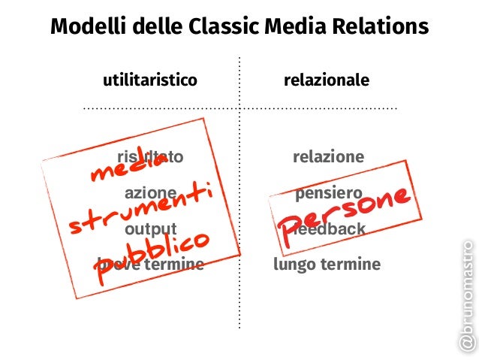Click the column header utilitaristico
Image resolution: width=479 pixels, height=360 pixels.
pyautogui.click(x=149, y=80)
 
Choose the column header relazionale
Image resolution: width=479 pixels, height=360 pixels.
pyautogui.click(x=326, y=80)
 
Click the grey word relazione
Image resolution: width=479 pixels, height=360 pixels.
pyautogui.click(x=328, y=157)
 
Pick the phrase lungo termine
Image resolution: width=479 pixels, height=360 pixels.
pyautogui.click(x=327, y=265)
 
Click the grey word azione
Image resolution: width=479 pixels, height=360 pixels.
pyautogui.click(x=150, y=193)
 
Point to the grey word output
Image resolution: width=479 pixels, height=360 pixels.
pyautogui.click(x=150, y=228)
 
